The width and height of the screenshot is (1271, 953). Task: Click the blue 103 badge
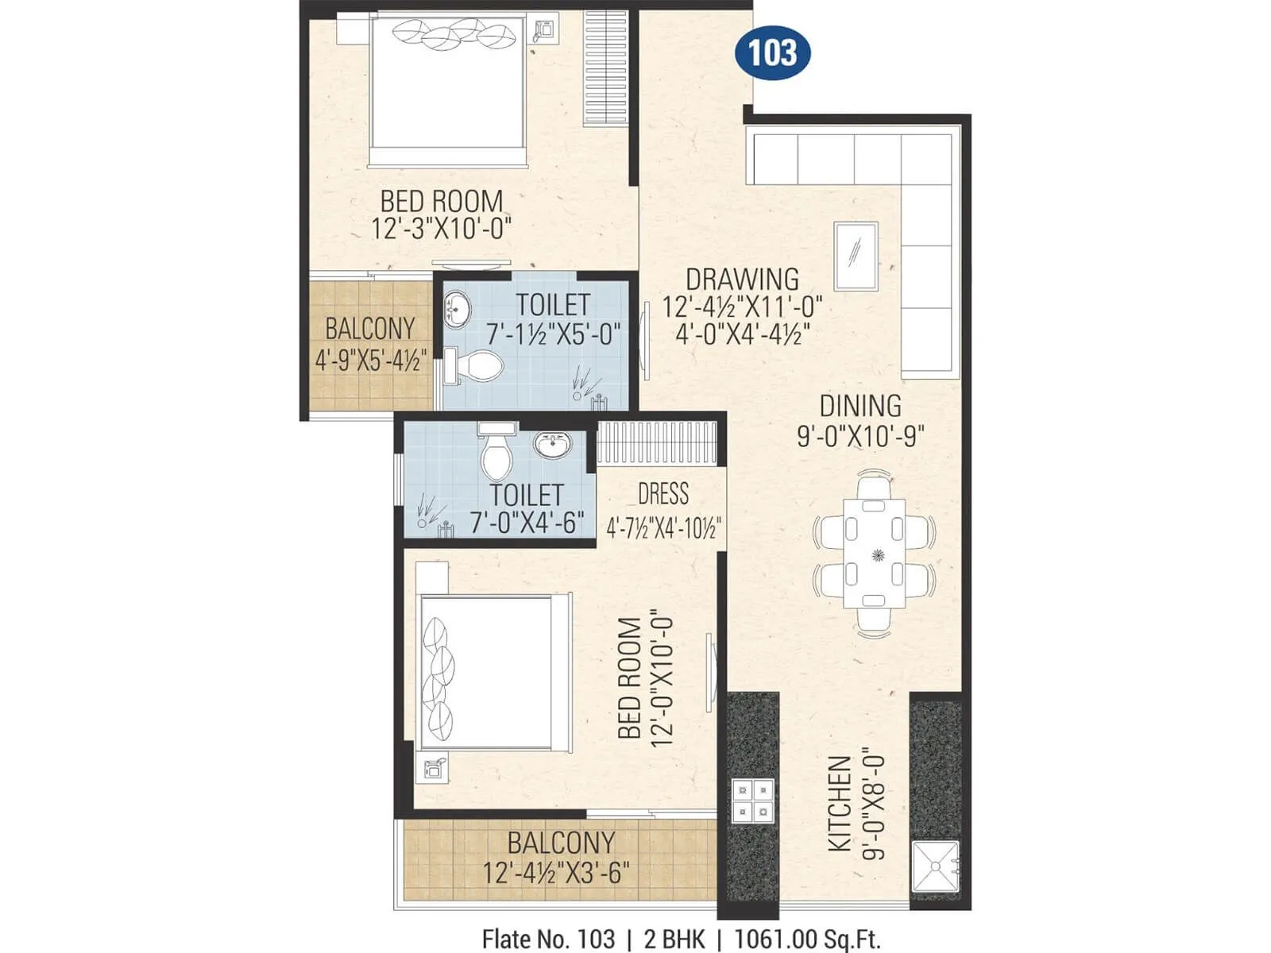click(772, 53)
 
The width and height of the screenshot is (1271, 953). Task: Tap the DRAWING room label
click(742, 280)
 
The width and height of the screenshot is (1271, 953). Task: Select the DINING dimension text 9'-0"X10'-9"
click(860, 436)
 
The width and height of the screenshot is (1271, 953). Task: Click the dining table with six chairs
click(874, 554)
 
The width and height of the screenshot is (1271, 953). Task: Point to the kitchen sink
click(935, 866)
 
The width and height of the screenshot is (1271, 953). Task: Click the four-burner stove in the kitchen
click(751, 801)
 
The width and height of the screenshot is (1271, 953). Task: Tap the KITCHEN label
click(840, 804)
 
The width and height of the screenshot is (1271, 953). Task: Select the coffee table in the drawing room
click(856, 256)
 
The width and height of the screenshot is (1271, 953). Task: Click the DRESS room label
click(663, 494)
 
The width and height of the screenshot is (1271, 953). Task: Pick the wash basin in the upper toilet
click(457, 309)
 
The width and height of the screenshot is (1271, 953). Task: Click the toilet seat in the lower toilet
click(497, 457)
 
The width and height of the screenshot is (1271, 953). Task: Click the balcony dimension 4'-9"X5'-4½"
click(371, 361)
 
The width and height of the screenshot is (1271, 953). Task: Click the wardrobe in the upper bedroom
click(605, 68)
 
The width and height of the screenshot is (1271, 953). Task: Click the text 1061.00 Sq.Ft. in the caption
click(807, 939)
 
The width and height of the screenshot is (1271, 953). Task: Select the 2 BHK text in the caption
click(674, 939)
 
